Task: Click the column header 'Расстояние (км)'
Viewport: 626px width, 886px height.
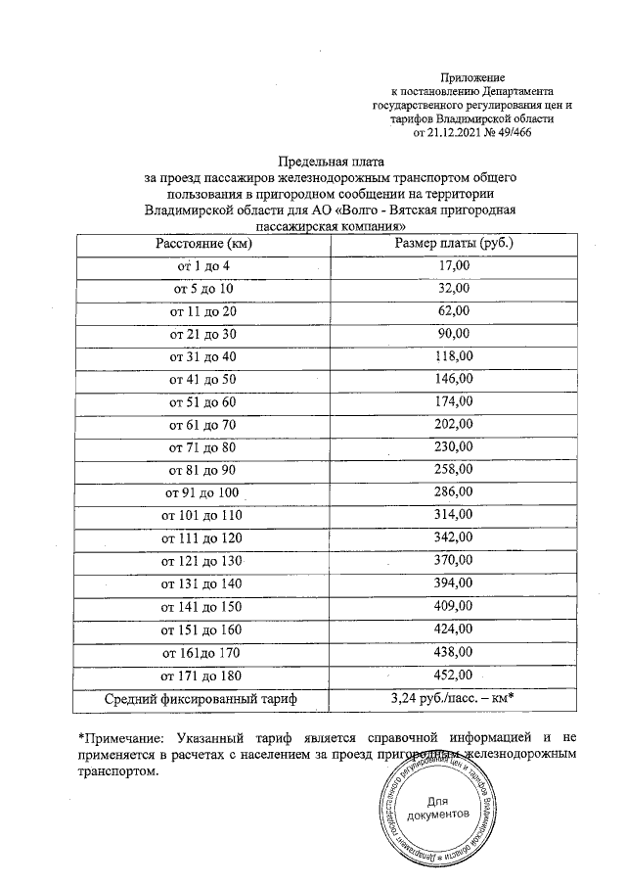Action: (204, 243)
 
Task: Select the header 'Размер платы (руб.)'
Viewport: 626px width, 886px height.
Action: (453, 243)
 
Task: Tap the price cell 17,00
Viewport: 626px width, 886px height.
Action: (453, 265)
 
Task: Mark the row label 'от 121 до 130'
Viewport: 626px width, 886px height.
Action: (204, 560)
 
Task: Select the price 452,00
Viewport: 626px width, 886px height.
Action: (453, 674)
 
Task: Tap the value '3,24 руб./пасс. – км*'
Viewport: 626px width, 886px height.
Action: (453, 698)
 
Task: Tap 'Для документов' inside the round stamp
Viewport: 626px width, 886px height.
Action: (438, 808)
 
